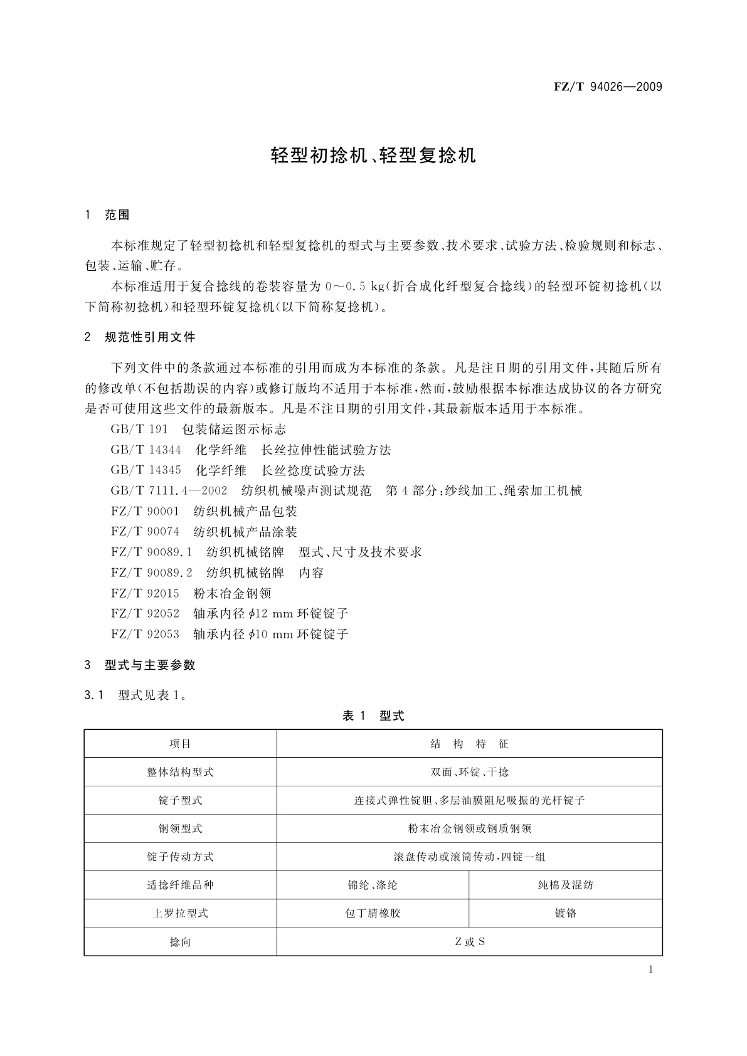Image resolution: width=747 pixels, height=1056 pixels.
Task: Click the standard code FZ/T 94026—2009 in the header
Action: pos(608,87)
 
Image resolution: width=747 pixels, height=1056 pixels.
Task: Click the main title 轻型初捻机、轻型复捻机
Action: pos(373,156)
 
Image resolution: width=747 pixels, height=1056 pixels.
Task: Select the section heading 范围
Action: pos(117,215)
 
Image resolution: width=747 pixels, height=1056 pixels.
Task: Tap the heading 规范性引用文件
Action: pos(150,337)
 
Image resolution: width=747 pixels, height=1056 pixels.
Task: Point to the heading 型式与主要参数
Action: pos(150,665)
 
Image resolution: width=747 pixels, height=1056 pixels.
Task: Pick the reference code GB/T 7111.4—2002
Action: pos(169,491)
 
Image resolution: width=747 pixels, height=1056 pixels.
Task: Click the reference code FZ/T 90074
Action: pos(145,532)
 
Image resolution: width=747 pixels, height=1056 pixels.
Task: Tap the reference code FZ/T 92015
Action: pos(145,593)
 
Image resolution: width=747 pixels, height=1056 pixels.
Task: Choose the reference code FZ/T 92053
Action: pos(145,634)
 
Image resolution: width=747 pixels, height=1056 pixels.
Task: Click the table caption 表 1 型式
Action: pos(373,716)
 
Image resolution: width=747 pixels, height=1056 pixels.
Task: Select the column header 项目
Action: pos(180,744)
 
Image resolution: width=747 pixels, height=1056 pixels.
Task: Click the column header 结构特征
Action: pos(469,744)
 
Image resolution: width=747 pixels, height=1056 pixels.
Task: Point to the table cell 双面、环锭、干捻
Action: pos(469,773)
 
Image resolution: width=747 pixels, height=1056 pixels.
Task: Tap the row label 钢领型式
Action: pos(180,829)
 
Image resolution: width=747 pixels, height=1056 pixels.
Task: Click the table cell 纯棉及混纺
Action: pos(565,885)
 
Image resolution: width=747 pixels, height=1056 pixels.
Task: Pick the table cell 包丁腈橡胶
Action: pos(373,914)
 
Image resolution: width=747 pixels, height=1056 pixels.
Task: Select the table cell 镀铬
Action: pos(565,914)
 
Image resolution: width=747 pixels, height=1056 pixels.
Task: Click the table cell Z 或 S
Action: pos(469,942)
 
